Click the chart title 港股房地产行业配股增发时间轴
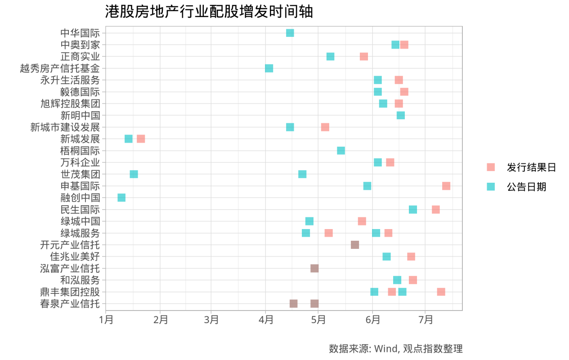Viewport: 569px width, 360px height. [209, 12]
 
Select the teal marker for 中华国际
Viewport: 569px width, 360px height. [290, 33]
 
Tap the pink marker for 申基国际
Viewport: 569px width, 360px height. [446, 186]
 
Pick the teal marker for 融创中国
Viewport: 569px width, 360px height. [121, 198]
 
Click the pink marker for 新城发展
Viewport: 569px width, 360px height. [141, 139]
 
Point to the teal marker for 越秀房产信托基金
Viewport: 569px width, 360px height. [269, 68]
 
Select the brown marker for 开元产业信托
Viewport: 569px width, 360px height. [355, 245]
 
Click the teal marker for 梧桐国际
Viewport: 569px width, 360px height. [341, 150]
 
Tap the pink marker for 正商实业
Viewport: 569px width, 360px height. [364, 56]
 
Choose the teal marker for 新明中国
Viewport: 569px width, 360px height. [401, 115]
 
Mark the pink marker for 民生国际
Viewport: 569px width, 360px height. [435, 209]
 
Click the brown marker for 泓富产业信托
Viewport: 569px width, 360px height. [314, 268]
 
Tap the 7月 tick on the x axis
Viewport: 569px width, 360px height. [426, 320]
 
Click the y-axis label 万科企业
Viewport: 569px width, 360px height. [80, 162]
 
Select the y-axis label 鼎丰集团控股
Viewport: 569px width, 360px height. [70, 292]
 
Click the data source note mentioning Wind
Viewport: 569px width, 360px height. [395, 349]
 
